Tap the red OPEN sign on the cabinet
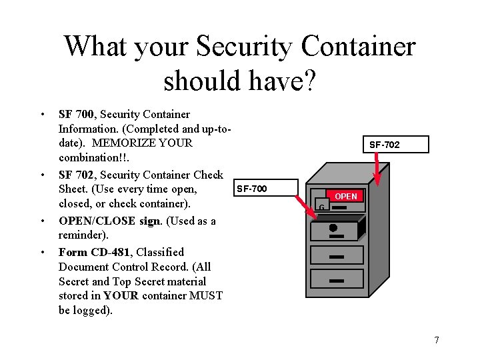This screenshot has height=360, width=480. coord(345,196)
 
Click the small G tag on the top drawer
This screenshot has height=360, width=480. coord(321,207)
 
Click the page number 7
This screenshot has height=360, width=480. coord(436,341)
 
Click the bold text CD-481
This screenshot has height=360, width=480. coord(109,252)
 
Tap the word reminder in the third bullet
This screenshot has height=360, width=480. coord(80,235)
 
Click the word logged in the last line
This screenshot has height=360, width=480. coord(93,310)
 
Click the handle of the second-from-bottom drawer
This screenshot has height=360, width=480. coord(336,256)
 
